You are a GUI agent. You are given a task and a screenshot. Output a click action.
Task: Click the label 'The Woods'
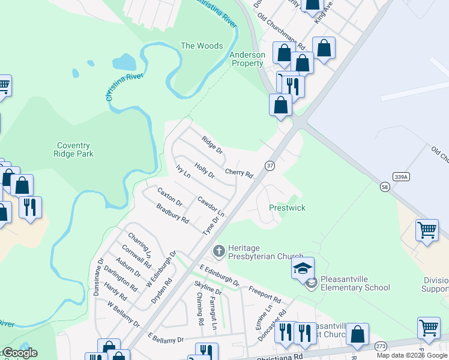pyautogui.click(x=202, y=46)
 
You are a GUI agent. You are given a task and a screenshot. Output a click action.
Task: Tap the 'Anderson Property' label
pyautogui.click(x=247, y=59)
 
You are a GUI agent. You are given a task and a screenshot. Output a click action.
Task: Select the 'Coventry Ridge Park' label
pyautogui.click(x=73, y=149)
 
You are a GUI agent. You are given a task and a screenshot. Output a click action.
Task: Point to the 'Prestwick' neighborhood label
pyautogui.click(x=287, y=208)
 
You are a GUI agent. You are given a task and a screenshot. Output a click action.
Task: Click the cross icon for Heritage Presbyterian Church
pyautogui.click(x=218, y=250)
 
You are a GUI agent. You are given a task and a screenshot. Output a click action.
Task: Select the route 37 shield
pyautogui.click(x=270, y=165)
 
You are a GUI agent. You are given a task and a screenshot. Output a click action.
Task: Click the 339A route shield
pyautogui.click(x=402, y=176)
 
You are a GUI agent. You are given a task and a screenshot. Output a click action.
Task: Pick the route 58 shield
pyautogui.click(x=384, y=187)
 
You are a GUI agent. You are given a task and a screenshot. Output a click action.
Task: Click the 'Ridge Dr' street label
pyautogui.click(x=212, y=145)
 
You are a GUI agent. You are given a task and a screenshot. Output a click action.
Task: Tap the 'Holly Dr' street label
pyautogui.click(x=204, y=170)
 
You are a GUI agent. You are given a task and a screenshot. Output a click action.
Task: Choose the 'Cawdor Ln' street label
pyautogui.click(x=211, y=206)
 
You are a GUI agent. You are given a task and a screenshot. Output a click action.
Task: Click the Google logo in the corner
pyautogui.click(x=19, y=353)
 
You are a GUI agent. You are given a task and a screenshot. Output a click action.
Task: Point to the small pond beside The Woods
pyautogui.click(x=124, y=61)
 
